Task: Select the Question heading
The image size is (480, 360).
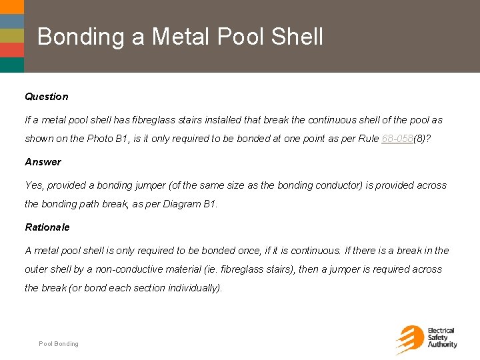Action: (47, 97)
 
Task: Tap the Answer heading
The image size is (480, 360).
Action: (43, 162)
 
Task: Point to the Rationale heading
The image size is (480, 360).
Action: (47, 227)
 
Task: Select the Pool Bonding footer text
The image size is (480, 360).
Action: (59, 344)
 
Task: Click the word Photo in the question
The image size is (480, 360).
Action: (99, 139)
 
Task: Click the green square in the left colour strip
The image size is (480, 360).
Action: (12, 35)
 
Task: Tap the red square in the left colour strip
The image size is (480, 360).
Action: (12, 50)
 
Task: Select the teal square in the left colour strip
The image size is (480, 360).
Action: (12, 65)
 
